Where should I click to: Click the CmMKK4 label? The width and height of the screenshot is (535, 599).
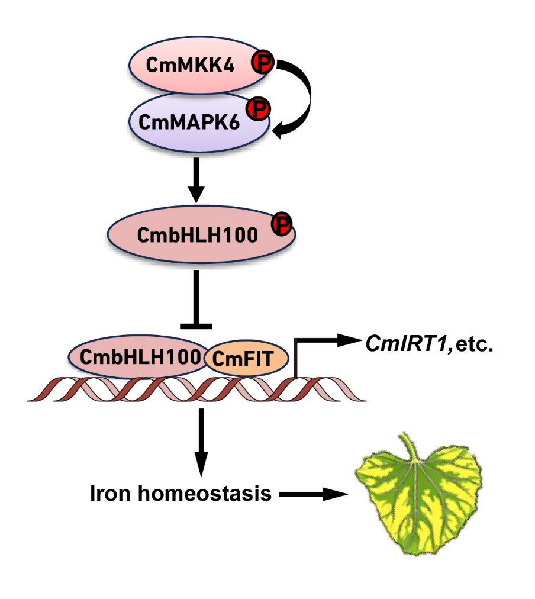tap(190, 65)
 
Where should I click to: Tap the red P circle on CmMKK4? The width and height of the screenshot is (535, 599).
tap(262, 63)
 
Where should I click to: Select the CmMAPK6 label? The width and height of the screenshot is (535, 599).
tap(189, 123)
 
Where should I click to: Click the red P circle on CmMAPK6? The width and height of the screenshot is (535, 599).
tap(258, 110)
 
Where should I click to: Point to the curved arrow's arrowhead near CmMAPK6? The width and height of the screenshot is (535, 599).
tap(281, 131)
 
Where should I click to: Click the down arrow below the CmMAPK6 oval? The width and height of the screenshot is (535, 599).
tap(196, 181)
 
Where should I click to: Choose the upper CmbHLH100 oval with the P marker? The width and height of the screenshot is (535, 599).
tap(201, 234)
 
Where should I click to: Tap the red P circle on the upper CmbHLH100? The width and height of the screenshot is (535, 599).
tap(282, 224)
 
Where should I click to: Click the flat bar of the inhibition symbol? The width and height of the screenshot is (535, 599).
tap(196, 326)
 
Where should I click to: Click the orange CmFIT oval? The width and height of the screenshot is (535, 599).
tap(246, 358)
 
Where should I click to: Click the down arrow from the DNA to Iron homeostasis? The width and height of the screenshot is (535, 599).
tap(201, 443)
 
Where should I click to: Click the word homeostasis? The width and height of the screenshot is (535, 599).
tap(205, 493)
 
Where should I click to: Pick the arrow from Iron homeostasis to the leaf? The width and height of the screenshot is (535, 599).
tap(314, 494)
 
